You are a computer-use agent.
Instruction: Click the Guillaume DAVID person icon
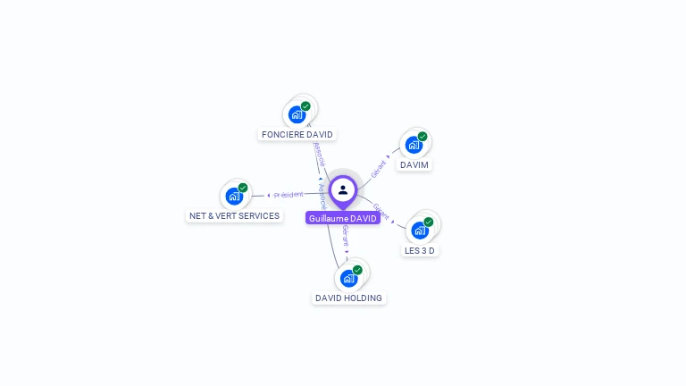pos(343,189)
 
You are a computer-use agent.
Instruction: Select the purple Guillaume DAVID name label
pos(343,218)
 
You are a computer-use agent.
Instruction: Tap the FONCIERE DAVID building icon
pos(297,114)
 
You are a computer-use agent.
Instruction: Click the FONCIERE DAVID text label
pos(297,135)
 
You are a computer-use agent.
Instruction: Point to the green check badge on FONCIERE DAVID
pos(305,106)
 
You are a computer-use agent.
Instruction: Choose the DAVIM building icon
pos(414,145)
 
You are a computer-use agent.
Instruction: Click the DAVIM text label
pos(414,165)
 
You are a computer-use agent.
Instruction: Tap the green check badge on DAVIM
pos(422,137)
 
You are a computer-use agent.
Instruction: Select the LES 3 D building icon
pos(420,230)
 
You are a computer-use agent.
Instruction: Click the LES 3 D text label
pos(420,251)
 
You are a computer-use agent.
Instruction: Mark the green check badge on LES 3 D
pos(429,222)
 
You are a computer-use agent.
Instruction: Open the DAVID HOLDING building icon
pos(349,278)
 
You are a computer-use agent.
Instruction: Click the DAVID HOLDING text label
pos(348,298)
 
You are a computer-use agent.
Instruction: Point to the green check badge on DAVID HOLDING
pos(357,270)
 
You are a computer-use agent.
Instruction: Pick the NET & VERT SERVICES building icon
pos(234,196)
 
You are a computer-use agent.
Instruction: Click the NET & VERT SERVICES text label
pos(234,216)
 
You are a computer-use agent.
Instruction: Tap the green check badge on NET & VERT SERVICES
pos(243,188)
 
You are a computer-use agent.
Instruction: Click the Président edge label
pos(289,194)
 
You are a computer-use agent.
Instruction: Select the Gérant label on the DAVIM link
pos(380,166)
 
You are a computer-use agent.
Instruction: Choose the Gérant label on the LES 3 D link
pos(381,212)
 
